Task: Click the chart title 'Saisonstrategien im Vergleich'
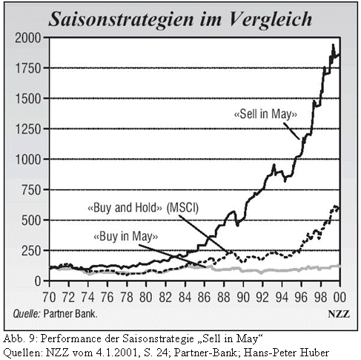(180, 19)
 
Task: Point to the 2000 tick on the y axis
(27, 38)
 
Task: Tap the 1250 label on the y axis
(27, 129)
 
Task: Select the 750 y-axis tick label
(30, 190)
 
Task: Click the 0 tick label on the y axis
(38, 281)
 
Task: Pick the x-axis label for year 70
(49, 297)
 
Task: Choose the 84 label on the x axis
(185, 297)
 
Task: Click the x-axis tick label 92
(262, 297)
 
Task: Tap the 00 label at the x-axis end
(340, 297)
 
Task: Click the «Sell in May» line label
(265, 114)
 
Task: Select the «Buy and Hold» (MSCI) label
(143, 207)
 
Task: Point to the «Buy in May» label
(125, 236)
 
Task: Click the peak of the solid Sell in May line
(333, 45)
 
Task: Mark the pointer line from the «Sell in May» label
(291, 131)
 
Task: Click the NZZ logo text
(339, 314)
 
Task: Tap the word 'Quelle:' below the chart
(27, 314)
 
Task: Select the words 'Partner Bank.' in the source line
(70, 314)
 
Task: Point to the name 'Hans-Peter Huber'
(286, 353)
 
